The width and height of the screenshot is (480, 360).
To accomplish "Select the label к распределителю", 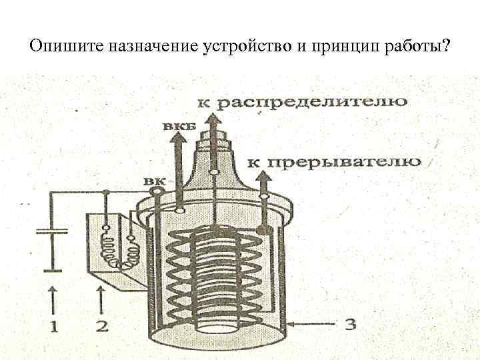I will [303, 103].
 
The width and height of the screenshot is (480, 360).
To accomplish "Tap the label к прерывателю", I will [334, 161].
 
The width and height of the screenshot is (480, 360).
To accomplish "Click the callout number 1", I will [52, 326].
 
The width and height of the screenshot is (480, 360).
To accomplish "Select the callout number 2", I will [101, 327].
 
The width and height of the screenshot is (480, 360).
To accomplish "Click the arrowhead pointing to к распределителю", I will [214, 120].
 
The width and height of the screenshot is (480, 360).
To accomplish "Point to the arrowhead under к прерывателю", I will [263, 176].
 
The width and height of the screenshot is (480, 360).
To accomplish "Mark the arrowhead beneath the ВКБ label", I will [178, 139].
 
